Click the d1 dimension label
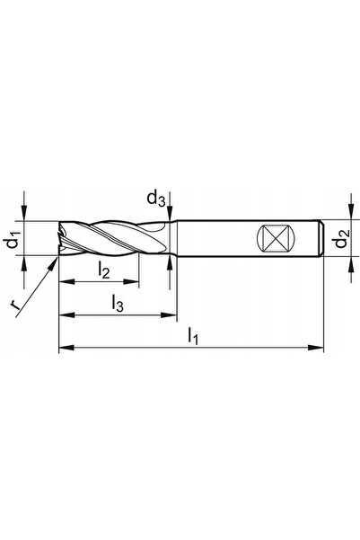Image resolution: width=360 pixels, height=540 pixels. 14,239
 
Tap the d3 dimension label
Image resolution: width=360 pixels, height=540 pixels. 156,199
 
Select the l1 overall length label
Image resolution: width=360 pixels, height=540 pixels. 193,336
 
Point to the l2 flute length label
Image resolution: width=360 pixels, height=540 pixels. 103,270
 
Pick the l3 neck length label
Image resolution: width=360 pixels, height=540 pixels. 118,304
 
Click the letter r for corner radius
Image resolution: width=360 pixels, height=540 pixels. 14,305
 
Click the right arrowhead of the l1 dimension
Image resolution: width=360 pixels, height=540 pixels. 316,348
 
